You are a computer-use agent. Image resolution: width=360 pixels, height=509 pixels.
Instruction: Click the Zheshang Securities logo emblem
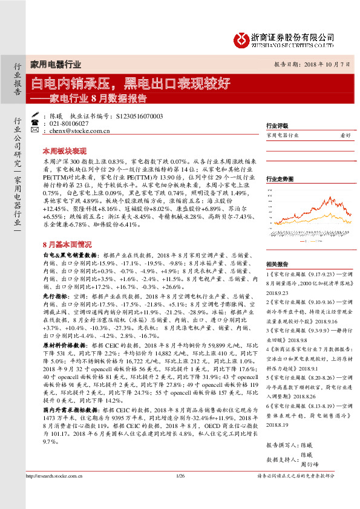241,38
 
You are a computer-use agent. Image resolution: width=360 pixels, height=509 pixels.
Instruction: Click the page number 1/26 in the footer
180,493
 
